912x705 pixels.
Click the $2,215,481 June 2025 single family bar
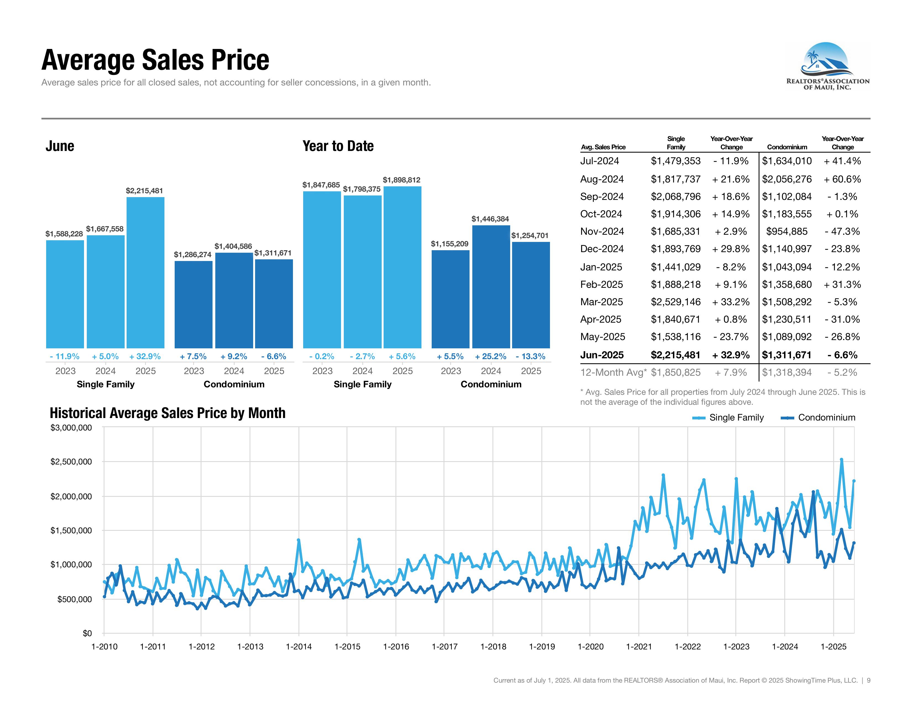point(145,272)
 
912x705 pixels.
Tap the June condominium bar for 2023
point(193,304)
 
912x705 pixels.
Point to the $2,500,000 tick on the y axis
point(71,461)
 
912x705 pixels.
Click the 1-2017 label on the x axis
point(444,647)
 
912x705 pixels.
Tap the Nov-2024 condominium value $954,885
point(787,231)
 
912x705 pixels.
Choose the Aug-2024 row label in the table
point(602,179)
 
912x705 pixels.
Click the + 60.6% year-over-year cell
point(842,179)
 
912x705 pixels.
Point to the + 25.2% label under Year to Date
point(490,356)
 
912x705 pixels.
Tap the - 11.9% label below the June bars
point(64,356)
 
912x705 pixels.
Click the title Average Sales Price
point(155,60)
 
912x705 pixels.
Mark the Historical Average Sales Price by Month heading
point(167,413)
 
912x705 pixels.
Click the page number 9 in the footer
point(869,680)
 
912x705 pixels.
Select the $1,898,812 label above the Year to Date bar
point(401,180)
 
